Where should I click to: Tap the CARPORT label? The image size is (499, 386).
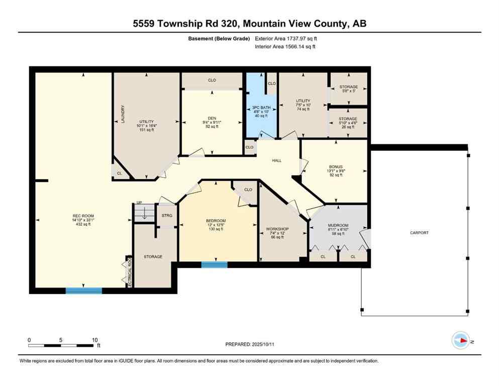pyautogui.click(x=419, y=233)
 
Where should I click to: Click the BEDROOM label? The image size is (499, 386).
pyautogui.click(x=216, y=221)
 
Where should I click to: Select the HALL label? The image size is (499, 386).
pyautogui.click(x=276, y=161)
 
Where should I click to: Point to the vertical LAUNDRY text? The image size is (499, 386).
pyautogui.click(x=123, y=115)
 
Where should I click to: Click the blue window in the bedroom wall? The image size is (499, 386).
pyautogui.click(x=214, y=264)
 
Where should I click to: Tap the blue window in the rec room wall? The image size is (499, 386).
pyautogui.click(x=84, y=291)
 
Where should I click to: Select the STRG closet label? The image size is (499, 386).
pyautogui.click(x=167, y=216)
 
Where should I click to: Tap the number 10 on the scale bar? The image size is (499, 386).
pyautogui.click(x=94, y=339)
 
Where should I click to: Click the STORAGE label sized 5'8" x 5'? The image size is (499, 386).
pyautogui.click(x=348, y=87)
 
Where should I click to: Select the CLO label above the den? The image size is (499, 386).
pyautogui.click(x=212, y=79)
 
